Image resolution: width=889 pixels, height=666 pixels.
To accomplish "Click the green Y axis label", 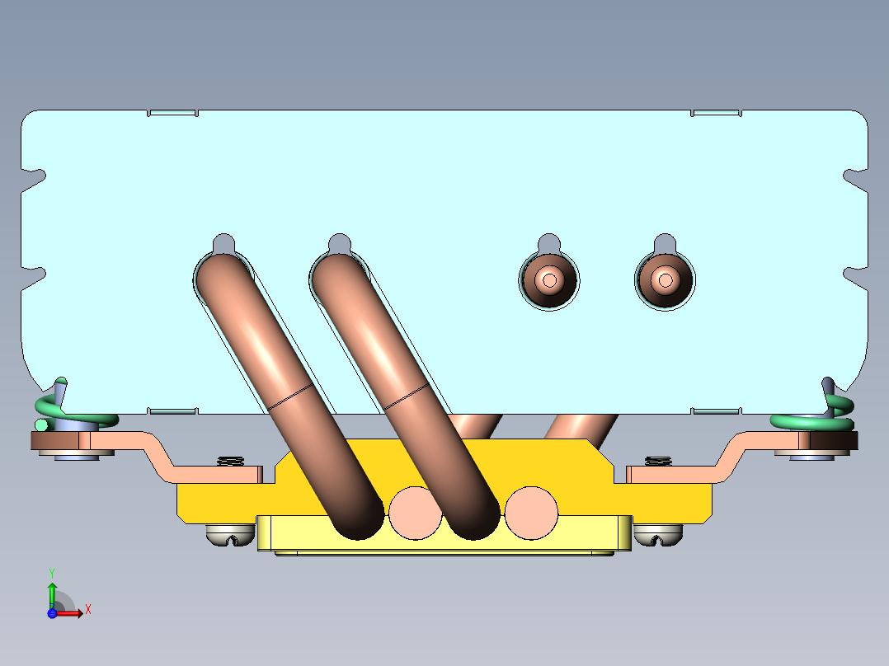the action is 52,574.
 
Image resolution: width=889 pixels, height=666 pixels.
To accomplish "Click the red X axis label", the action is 88,610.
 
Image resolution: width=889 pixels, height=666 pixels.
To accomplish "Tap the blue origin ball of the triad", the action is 52,613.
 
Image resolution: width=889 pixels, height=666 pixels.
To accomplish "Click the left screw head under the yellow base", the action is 230,534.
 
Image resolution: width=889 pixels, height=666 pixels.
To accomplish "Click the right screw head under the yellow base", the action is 658,534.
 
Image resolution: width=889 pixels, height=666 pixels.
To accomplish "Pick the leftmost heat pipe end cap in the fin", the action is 549,280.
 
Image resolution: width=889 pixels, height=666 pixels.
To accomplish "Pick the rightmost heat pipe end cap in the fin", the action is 665,280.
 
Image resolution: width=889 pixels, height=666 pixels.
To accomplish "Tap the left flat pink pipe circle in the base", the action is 415,514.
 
